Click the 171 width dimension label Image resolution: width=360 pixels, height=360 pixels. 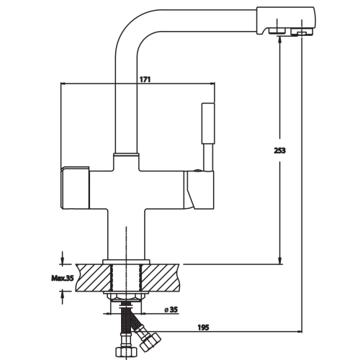click(145, 79)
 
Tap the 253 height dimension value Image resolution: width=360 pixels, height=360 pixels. click(280, 150)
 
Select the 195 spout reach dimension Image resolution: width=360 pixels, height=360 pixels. click(203, 327)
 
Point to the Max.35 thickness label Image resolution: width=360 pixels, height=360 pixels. click(62, 278)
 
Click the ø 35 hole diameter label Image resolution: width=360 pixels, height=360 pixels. click(171, 310)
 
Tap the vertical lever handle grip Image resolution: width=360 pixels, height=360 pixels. click(208, 123)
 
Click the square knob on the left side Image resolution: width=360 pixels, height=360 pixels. click(75, 187)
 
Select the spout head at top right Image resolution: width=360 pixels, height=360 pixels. click(286, 21)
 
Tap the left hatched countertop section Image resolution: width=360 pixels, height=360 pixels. click(94, 278)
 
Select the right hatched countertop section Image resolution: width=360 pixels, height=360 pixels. click(161, 278)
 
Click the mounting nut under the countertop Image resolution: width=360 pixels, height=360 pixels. click(127, 297)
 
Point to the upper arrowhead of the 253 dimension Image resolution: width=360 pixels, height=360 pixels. click(280, 40)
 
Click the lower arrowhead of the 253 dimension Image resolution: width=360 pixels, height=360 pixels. click(280, 261)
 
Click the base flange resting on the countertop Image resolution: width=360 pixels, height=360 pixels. click(126, 262)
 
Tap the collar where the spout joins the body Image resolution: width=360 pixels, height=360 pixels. click(127, 154)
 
